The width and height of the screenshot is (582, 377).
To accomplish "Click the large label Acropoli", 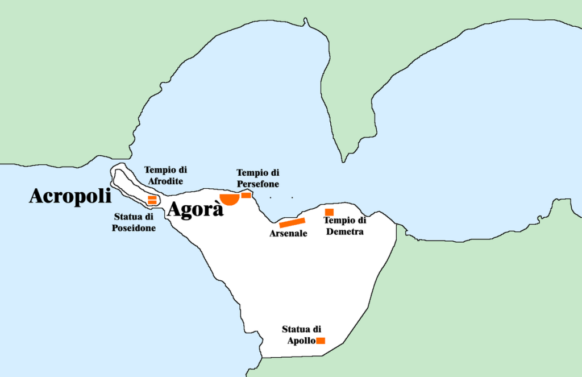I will [x=70, y=197].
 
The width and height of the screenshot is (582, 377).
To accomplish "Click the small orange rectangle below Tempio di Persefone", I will [x=246, y=195].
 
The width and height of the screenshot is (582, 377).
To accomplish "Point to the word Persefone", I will [x=257, y=184].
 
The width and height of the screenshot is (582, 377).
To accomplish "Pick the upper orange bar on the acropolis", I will [x=152, y=197].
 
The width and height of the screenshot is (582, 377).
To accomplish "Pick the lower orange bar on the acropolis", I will [x=152, y=202].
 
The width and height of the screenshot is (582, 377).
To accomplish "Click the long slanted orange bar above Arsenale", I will [x=293, y=223].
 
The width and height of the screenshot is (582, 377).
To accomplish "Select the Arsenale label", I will [x=288, y=234].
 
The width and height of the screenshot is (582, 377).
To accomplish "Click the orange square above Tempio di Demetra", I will [x=329, y=212].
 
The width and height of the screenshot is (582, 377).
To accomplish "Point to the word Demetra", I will [x=345, y=231].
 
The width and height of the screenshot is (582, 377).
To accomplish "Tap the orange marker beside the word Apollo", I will [x=321, y=341].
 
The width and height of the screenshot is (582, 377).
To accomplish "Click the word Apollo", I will [x=301, y=341].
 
